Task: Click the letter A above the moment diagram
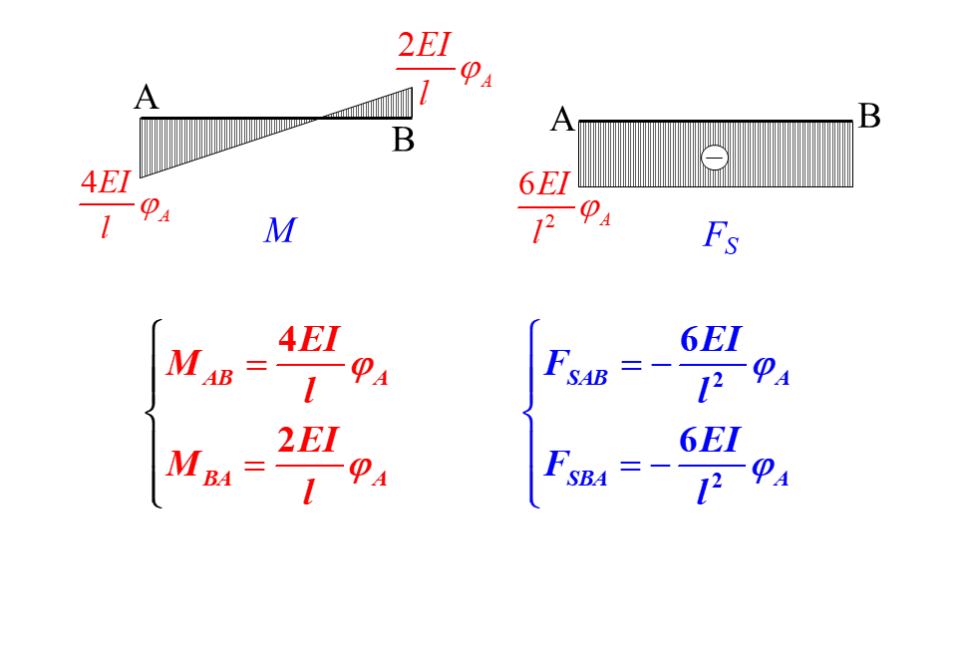[x=147, y=98]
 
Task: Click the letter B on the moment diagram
[x=403, y=140]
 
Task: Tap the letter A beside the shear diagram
[x=563, y=121]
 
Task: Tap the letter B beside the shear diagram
[x=869, y=118]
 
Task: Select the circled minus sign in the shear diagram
[x=715, y=158]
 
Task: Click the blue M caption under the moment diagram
[x=280, y=231]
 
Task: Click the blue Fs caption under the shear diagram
[x=720, y=237]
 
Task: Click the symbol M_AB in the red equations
[x=199, y=365]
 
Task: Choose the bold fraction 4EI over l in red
[x=309, y=365]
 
